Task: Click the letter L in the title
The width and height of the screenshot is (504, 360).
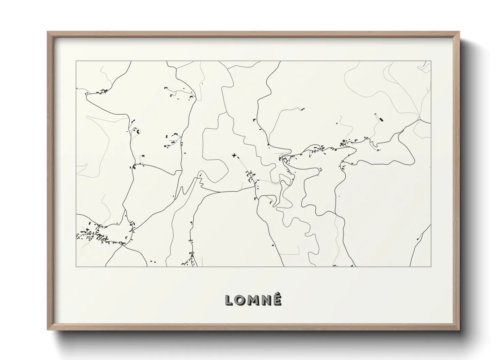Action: coord(229,300)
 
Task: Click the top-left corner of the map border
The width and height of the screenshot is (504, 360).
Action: coord(76,61)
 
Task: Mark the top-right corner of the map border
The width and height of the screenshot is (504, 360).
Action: coord(431,61)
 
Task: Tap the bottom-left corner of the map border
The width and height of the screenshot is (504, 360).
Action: coord(76,266)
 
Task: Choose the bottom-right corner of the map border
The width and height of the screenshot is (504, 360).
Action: coord(431,266)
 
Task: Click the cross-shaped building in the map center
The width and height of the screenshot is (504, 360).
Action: coord(234,156)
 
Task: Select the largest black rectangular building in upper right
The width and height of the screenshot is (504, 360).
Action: coord(381,119)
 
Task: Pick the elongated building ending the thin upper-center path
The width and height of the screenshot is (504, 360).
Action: coord(302,109)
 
